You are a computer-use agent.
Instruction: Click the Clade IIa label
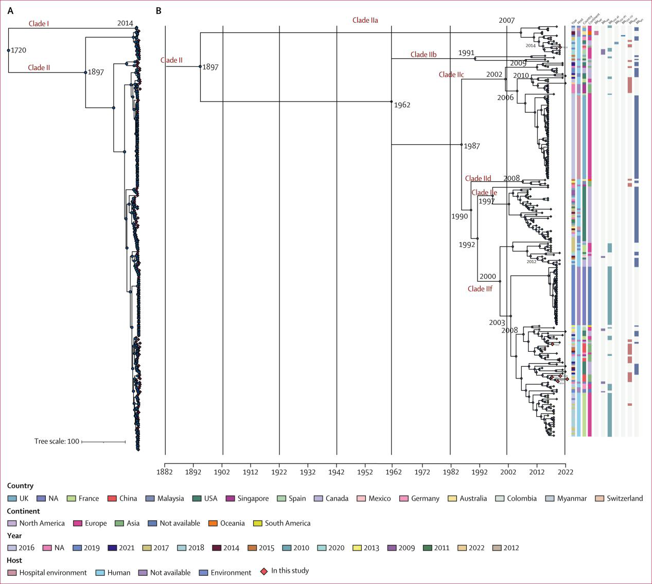365,20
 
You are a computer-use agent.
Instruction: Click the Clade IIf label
480,289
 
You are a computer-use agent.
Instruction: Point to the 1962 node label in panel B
402,105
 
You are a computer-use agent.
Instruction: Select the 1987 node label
471,146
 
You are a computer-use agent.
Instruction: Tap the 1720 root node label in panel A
19,50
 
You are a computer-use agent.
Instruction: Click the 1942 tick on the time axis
337,472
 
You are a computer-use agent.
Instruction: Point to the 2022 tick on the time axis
566,472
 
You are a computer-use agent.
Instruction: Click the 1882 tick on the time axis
165,472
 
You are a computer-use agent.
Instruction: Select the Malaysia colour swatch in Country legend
150,499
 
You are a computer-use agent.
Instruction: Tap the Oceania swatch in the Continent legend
213,523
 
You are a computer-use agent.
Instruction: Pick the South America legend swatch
258,523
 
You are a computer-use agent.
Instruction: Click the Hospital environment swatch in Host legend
12,573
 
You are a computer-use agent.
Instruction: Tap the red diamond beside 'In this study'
265,571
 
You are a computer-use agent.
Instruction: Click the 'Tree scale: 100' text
57,441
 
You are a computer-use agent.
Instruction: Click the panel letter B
158,10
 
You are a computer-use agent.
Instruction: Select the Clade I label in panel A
39,24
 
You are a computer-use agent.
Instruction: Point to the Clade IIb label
423,55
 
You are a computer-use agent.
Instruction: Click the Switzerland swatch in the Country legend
600,499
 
